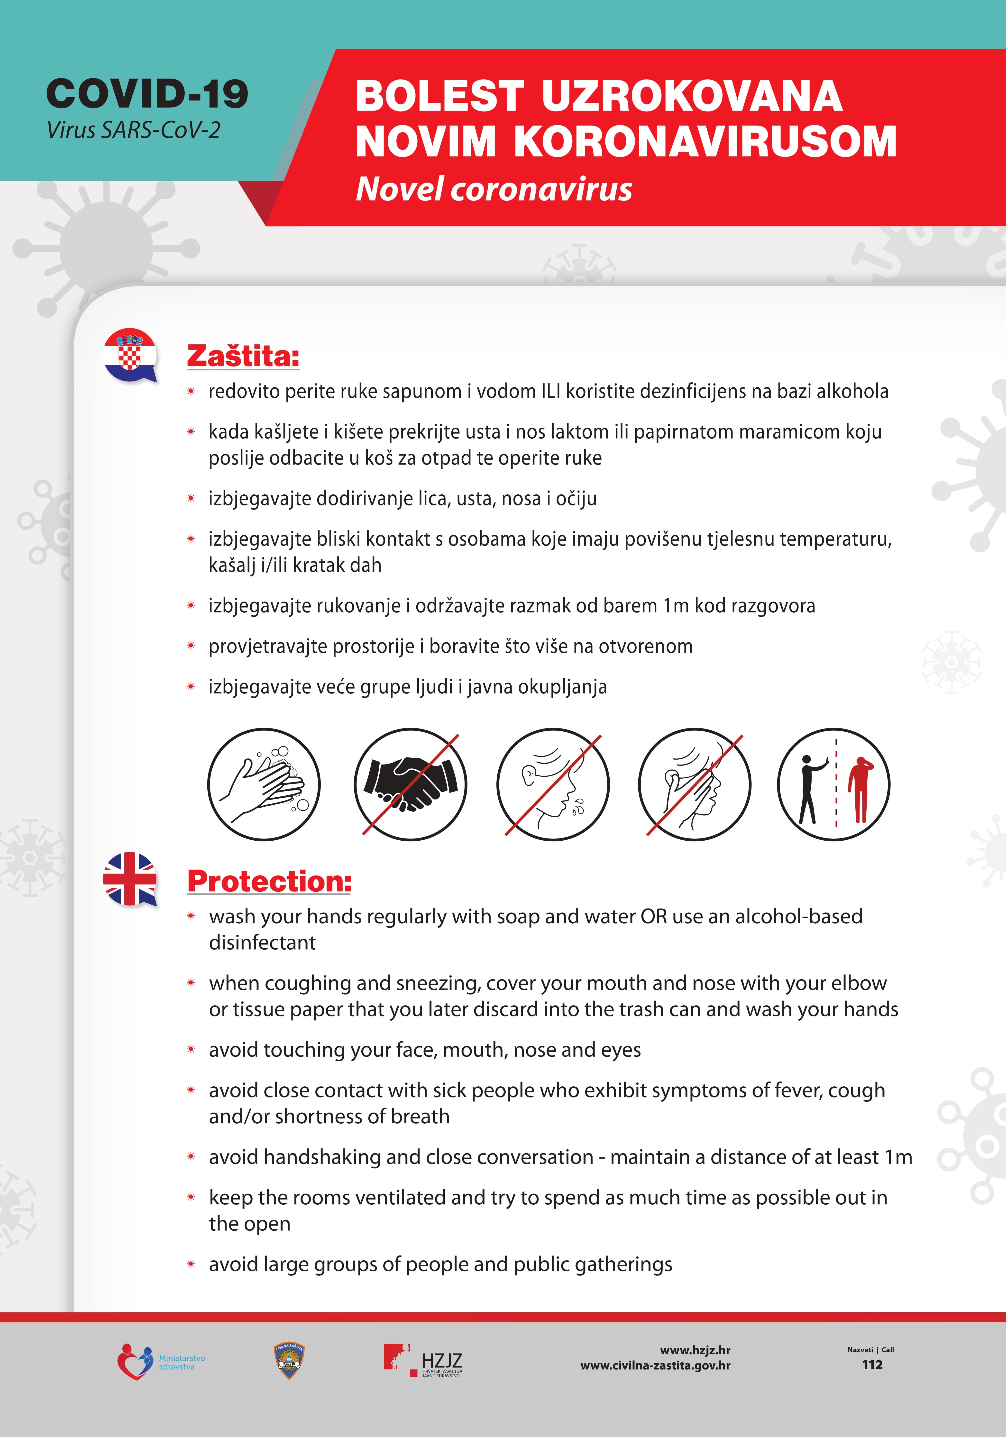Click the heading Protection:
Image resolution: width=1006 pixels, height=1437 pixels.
click(269, 881)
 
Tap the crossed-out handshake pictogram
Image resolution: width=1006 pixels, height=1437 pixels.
click(410, 784)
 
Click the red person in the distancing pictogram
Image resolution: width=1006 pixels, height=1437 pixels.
click(860, 789)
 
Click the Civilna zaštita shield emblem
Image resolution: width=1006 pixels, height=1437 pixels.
click(289, 1361)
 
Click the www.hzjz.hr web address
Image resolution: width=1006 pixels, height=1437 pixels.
click(695, 1350)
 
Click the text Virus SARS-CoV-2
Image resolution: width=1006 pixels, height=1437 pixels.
click(133, 130)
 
